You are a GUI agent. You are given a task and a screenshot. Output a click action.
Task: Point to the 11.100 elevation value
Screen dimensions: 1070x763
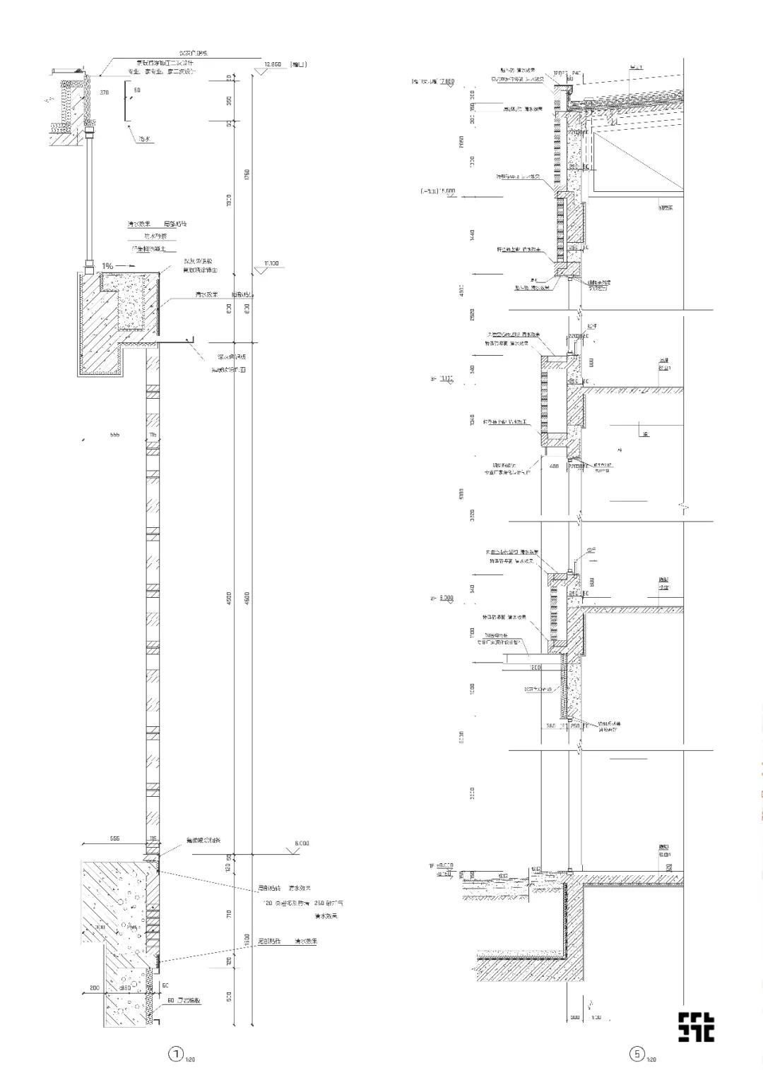[x=271, y=263]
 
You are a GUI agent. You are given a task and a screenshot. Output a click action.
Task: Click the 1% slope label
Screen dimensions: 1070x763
[x=107, y=265]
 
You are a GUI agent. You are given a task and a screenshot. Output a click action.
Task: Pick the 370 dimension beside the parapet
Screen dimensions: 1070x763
[x=105, y=92]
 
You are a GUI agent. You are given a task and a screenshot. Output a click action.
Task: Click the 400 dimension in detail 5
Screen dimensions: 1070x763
[x=554, y=467]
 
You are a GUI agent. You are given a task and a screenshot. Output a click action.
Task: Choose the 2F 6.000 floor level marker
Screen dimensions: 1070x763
[x=442, y=599]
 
